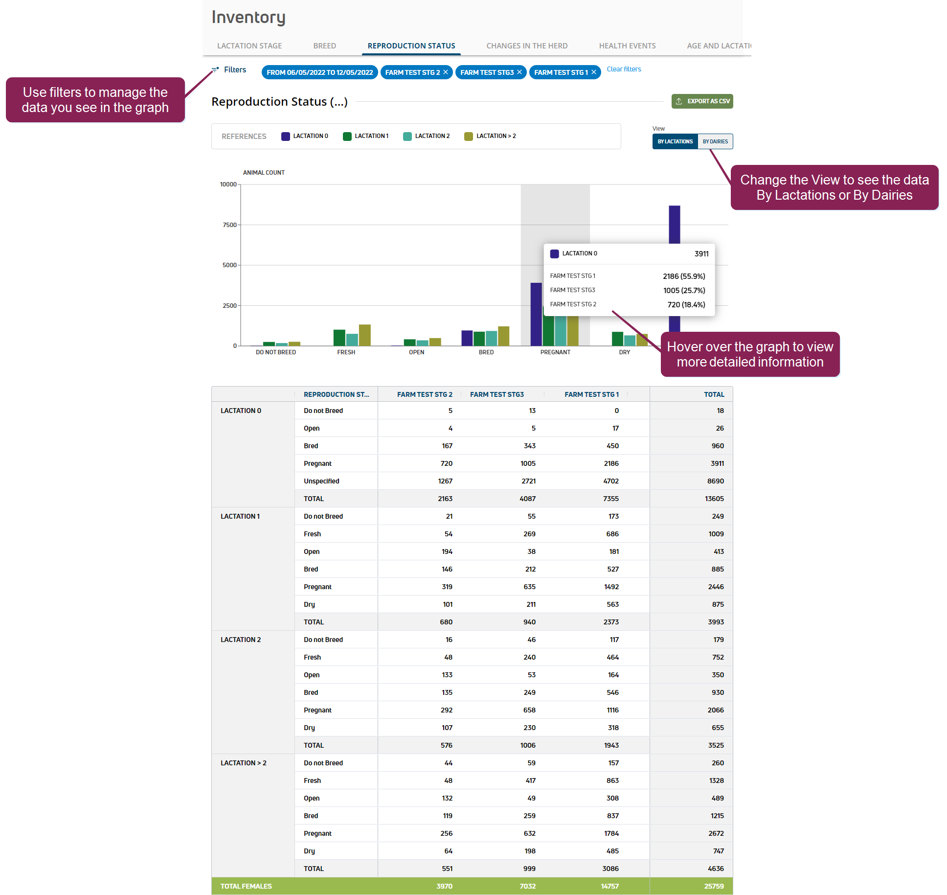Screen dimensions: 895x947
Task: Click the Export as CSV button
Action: click(x=702, y=101)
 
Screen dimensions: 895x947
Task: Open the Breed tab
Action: click(x=324, y=46)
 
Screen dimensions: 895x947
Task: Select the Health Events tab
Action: click(x=627, y=46)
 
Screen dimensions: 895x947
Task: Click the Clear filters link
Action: click(x=624, y=69)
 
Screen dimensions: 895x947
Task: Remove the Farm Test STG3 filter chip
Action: click(x=519, y=72)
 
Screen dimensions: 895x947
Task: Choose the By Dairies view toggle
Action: click(x=715, y=141)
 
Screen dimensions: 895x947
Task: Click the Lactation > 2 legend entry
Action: click(x=490, y=136)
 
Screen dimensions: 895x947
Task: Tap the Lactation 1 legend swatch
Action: click(x=347, y=137)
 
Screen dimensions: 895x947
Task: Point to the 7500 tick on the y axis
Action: click(x=229, y=225)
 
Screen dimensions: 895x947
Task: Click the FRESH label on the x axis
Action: click(x=346, y=352)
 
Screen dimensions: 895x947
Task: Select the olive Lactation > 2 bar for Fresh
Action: click(x=364, y=335)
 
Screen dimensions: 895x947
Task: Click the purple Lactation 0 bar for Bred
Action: click(x=467, y=338)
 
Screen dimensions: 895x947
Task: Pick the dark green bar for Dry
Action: click(x=617, y=339)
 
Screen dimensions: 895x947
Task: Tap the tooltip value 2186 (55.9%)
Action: click(x=684, y=276)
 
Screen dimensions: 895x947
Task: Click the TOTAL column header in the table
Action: click(x=714, y=394)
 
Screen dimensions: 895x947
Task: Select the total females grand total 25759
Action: click(x=714, y=886)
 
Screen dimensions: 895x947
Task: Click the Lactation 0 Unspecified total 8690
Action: click(x=715, y=481)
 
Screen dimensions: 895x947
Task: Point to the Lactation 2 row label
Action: click(x=241, y=640)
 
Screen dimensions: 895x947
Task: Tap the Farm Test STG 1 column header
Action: click(x=591, y=394)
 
